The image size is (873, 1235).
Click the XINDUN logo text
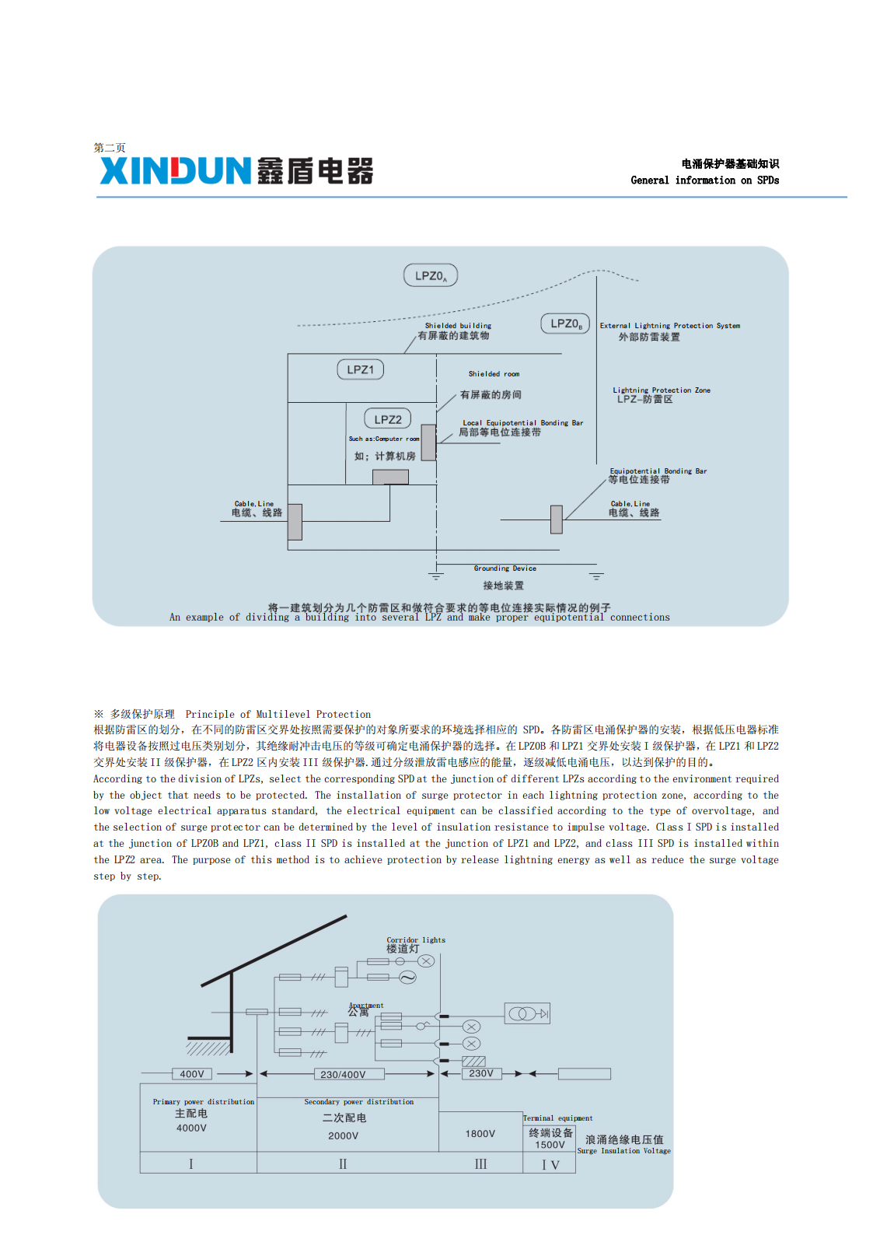pos(176,170)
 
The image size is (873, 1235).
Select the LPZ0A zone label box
pos(431,275)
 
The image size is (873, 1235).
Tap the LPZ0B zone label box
pos(565,324)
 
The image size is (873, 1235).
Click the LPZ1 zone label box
pos(360,369)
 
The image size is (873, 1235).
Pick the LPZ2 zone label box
pos(388,419)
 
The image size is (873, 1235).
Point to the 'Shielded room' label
pos(494,374)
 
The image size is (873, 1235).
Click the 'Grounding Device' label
pos(505,569)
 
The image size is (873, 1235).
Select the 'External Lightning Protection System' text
pos(669,326)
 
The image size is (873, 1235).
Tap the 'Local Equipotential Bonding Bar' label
pos(522,423)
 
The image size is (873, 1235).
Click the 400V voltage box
pos(192,1074)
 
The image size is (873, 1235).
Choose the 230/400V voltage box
pos(343,1074)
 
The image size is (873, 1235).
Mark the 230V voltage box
pos(481,1073)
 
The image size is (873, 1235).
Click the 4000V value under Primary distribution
pos(191,1128)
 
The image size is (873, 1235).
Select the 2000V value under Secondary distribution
pos(343,1135)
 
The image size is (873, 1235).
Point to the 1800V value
pos(480,1134)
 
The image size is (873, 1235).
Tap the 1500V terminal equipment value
pos(550,1145)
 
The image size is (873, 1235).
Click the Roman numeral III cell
pos(480,1164)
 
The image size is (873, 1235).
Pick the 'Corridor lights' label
pos(416,939)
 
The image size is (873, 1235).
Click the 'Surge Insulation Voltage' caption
pos(623,1151)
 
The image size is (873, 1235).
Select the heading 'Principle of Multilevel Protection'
pos(278,714)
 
